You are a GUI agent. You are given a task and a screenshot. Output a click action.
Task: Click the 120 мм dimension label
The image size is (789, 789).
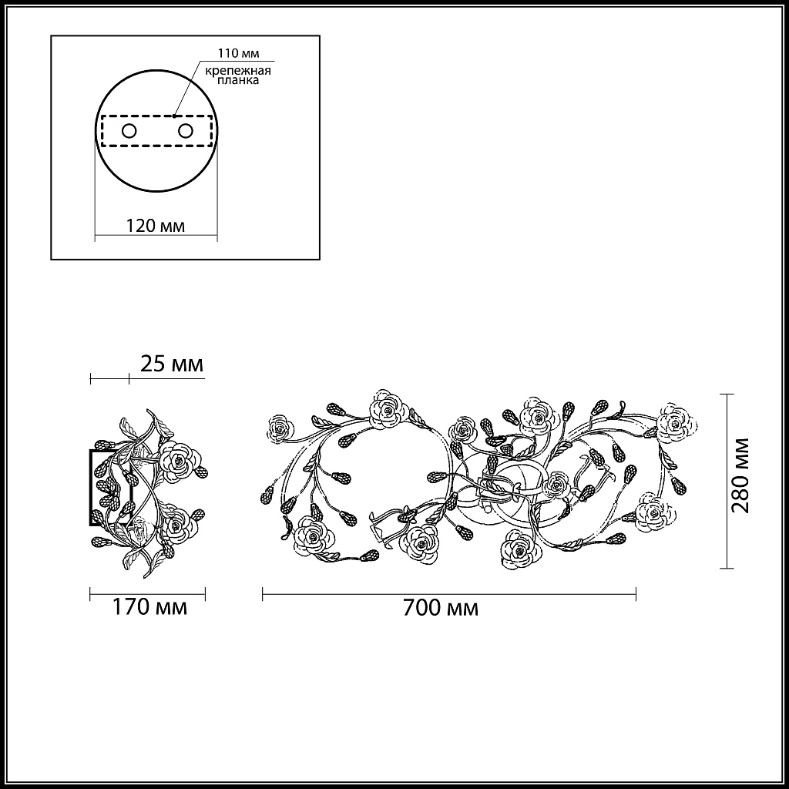click(x=155, y=227)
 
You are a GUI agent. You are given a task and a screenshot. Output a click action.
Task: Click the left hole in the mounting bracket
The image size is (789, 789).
click(x=129, y=130)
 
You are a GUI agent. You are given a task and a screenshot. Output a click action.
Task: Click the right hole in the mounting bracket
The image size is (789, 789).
click(x=185, y=130)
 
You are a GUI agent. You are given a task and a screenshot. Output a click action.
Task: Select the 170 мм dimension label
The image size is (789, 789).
click(x=149, y=608)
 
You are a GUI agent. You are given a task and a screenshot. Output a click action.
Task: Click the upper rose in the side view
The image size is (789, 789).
click(x=180, y=461)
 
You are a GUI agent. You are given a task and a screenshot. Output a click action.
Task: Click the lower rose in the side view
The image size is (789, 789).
click(x=178, y=525)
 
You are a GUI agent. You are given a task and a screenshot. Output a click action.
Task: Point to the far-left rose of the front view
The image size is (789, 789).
click(x=280, y=428)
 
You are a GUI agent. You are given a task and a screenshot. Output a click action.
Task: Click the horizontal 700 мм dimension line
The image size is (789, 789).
click(x=448, y=593)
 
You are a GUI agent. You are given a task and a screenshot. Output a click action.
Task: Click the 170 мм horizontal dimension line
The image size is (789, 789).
click(x=148, y=593)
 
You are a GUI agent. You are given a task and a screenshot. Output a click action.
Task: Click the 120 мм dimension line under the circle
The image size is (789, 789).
click(x=155, y=237)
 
